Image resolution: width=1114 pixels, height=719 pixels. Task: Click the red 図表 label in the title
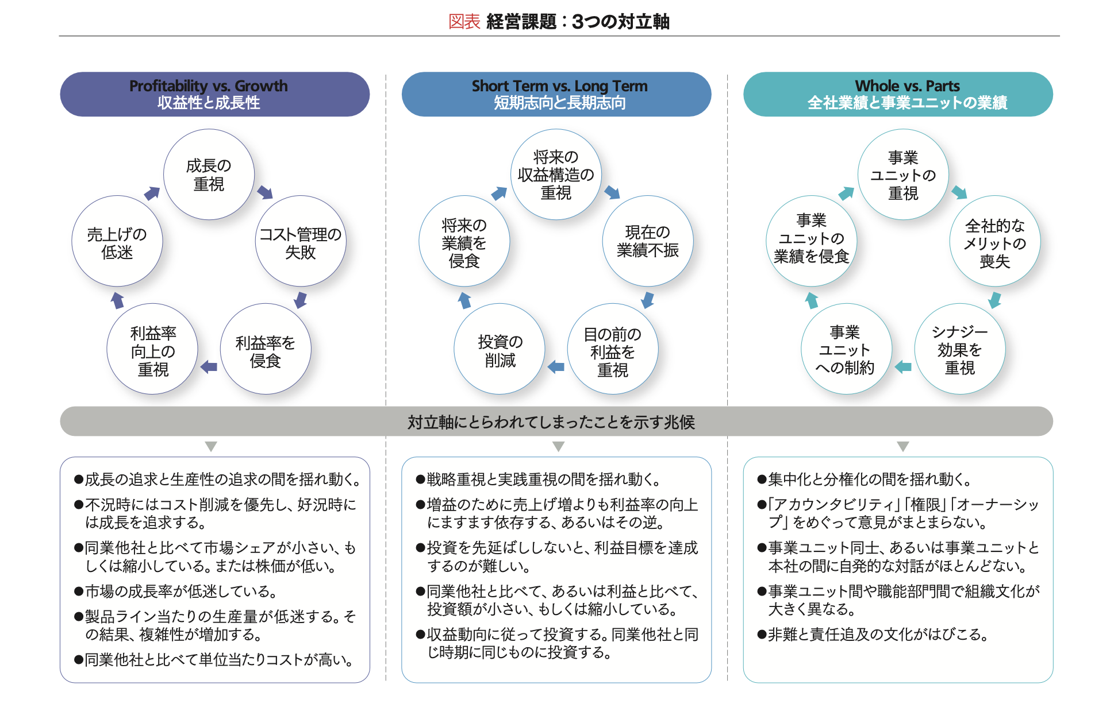[464, 22]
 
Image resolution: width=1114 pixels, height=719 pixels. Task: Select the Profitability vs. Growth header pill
[214, 94]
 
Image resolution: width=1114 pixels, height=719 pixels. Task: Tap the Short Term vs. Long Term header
[556, 94]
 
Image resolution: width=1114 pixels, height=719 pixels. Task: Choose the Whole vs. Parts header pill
[898, 94]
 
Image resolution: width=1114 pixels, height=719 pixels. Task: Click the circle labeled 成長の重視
[209, 174]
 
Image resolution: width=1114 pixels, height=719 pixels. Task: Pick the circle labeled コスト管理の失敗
[301, 241]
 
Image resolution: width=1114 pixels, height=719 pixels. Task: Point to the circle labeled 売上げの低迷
[117, 241]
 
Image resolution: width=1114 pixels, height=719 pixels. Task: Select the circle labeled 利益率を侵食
[266, 349]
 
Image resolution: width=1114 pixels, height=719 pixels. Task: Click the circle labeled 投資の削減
[500, 349]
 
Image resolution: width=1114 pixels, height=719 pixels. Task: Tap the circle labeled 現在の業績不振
[648, 241]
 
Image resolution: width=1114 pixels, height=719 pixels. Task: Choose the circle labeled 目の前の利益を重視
[613, 349]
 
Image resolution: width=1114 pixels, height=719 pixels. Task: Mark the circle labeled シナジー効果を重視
[960, 349]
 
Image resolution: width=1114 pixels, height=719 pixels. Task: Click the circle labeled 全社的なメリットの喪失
[995, 241]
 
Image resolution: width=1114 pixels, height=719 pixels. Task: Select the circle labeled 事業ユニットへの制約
[847, 349]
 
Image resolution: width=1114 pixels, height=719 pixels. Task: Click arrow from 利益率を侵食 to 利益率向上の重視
[209, 366]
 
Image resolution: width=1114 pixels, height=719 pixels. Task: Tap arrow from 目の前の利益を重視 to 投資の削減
[556, 366]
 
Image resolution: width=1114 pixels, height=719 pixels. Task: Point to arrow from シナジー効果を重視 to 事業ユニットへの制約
[903, 366]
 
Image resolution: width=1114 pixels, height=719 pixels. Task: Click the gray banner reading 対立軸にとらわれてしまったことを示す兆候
[556, 422]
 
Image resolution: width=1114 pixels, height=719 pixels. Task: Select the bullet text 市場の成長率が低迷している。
[176, 591]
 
